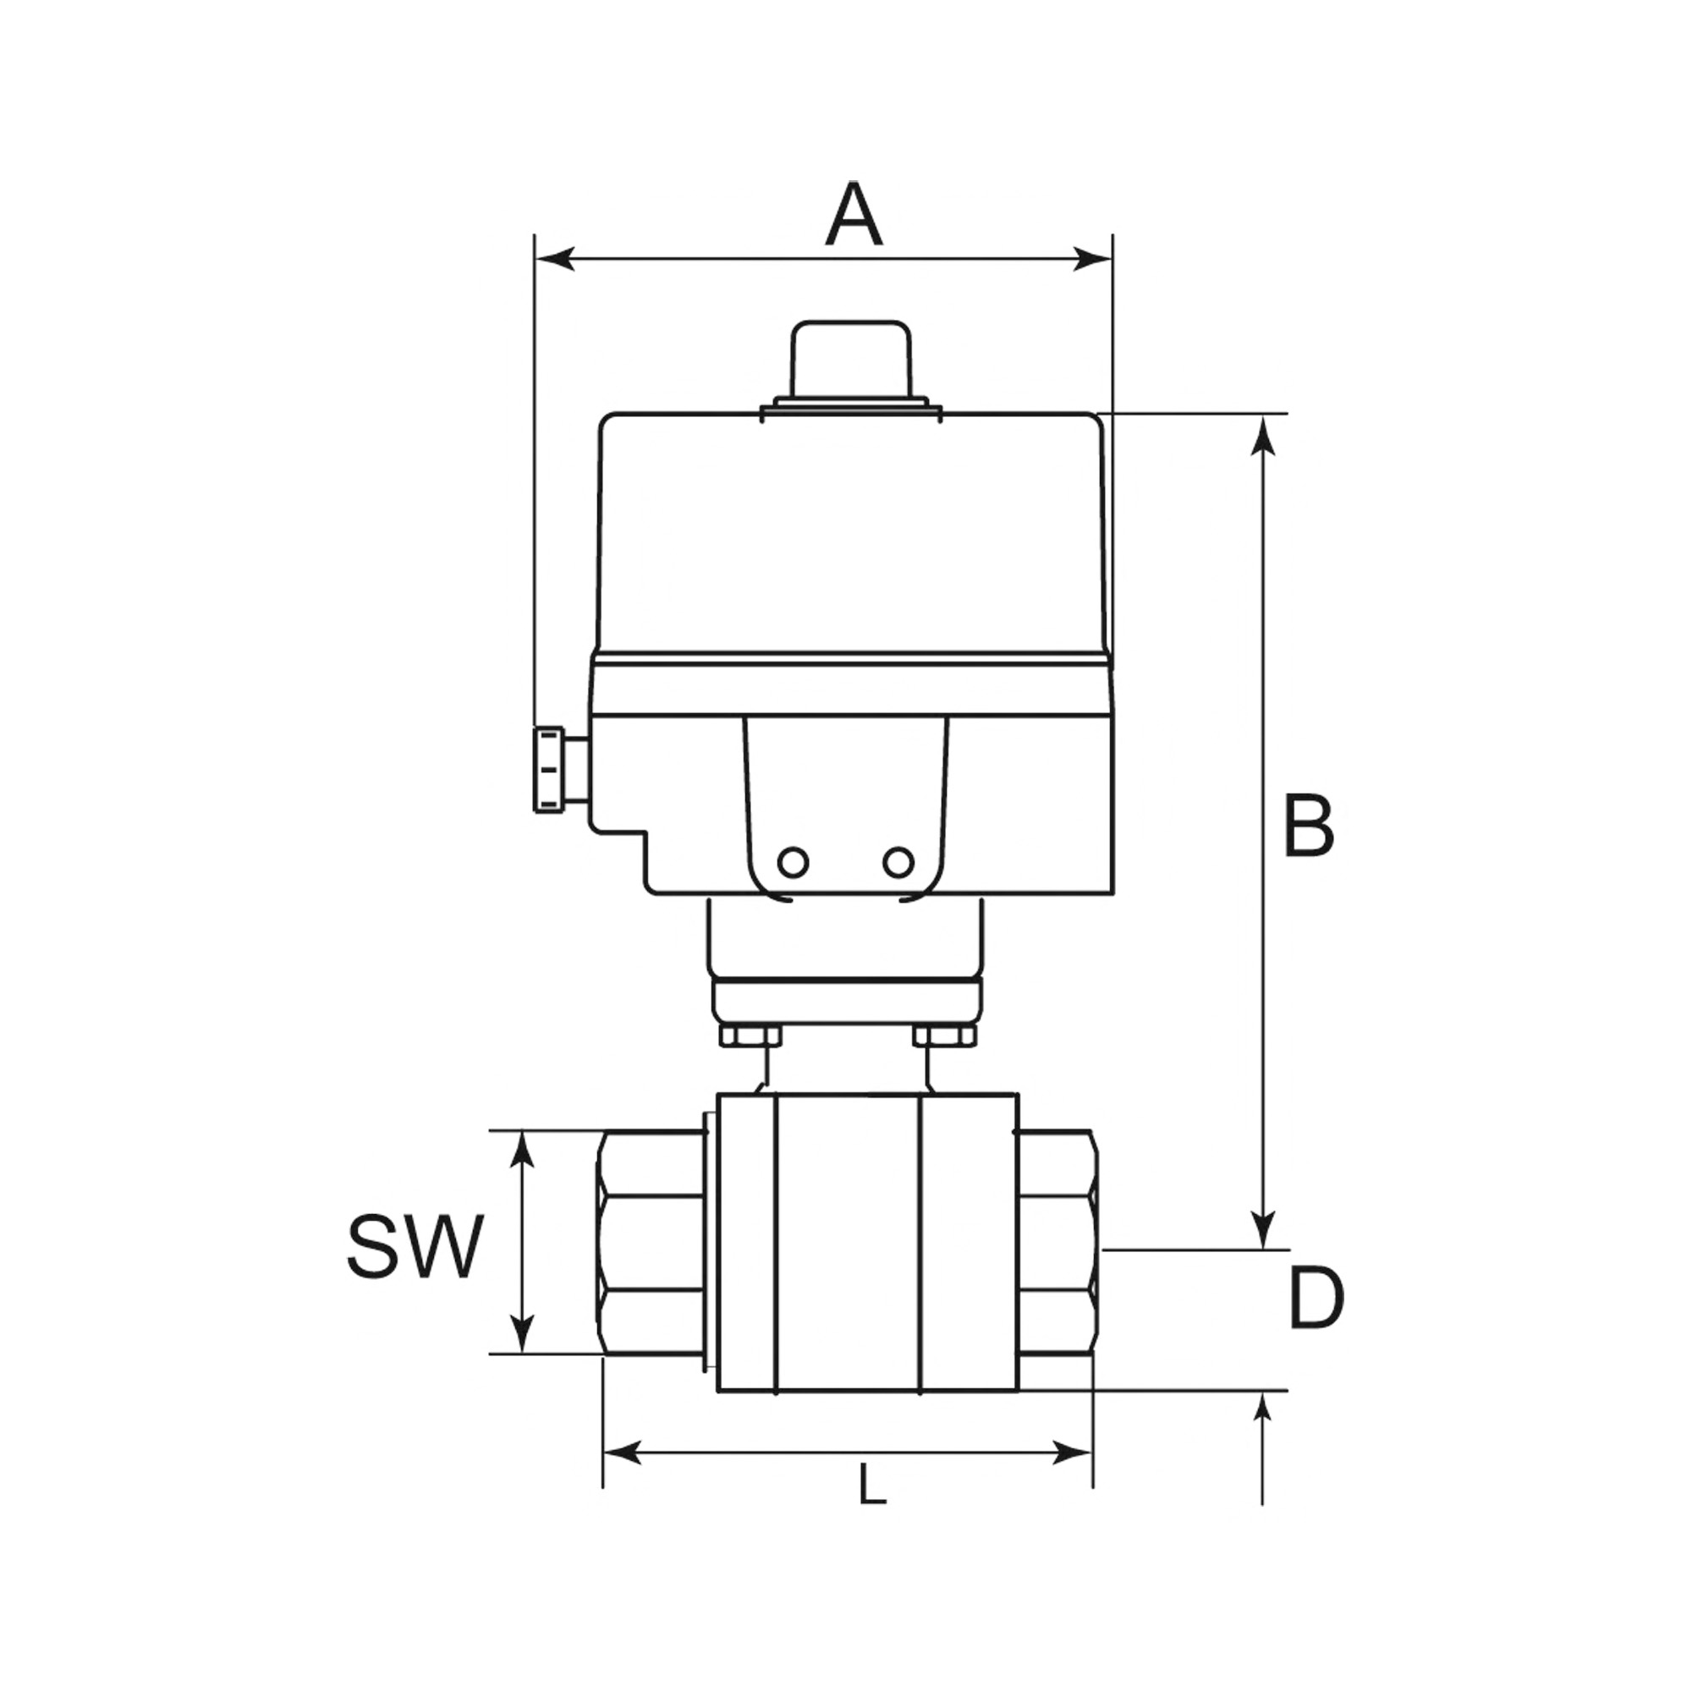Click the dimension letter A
tap(853, 215)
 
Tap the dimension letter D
tap(1316, 1299)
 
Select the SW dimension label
tap(415, 1247)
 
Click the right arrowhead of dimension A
tap(1092, 259)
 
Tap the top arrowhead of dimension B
tap(1262, 434)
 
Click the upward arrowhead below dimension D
tap(1262, 1409)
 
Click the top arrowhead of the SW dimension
tap(522, 1151)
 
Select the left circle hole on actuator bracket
tap(793, 863)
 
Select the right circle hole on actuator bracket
tap(898, 863)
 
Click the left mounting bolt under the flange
tap(750, 1037)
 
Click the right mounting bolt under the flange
tap(944, 1037)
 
